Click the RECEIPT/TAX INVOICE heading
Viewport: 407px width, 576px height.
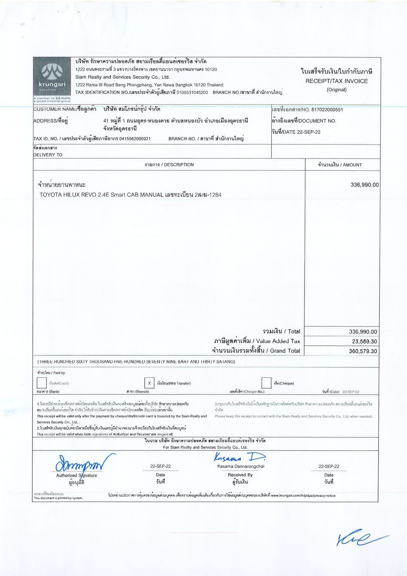(336, 81)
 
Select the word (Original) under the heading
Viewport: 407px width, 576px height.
(336, 90)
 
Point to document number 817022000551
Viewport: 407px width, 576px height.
(327, 110)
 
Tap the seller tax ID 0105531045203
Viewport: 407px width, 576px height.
(192, 92)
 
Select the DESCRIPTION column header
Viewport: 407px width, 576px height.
(169, 165)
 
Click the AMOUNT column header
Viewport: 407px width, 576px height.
(340, 165)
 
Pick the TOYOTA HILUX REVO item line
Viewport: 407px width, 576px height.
(130, 195)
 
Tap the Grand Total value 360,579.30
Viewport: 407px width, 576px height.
(363, 351)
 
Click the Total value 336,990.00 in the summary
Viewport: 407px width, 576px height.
(363, 332)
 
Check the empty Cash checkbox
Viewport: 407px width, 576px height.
(42, 383)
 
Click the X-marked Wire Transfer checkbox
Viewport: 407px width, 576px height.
(149, 383)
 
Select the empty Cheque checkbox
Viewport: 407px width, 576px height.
(266, 383)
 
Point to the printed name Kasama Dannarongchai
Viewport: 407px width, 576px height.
(241, 466)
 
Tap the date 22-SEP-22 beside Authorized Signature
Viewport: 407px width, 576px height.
(161, 466)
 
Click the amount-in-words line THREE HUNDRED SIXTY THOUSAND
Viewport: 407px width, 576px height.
(137, 362)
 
